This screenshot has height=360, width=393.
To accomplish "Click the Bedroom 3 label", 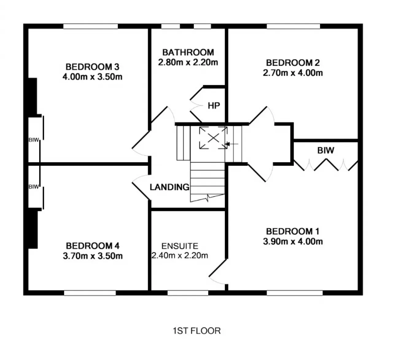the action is pos(92,67).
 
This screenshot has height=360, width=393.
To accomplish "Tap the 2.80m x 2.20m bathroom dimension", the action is pos(188,62).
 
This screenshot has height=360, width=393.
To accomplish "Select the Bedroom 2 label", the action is pos(293,63).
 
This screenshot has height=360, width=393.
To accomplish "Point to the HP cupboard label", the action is pos(214,106).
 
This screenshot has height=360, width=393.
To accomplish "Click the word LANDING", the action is pos(170,187).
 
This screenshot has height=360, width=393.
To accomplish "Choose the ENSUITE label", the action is pos(180,246).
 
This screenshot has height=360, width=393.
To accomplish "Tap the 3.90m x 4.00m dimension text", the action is pos(293,242).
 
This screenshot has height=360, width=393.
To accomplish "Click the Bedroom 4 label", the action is pos(92,246).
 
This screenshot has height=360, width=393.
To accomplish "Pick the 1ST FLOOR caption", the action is pos(197,331).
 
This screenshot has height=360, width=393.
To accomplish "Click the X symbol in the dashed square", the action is pos(213,138).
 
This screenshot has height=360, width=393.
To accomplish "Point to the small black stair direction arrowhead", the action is pos(227,144).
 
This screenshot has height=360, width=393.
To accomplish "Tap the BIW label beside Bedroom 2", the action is pos(325,150).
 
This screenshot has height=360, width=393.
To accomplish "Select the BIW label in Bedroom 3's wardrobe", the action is pos(34,140).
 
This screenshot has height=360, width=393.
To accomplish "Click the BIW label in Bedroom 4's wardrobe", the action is pos(34,187).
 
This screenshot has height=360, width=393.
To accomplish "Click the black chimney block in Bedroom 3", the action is pos(33,96).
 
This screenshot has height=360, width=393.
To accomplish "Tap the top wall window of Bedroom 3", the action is pos(91,26).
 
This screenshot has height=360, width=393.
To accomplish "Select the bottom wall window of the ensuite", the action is pos(188,293).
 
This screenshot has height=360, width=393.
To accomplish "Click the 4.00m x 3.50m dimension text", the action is pos(92,77).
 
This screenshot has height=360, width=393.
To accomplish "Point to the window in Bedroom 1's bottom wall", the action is pos(295,293).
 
